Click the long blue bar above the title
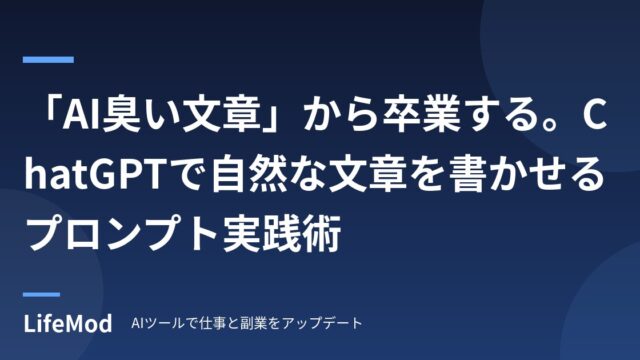coord(48,60)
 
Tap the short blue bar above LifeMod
coord(41,294)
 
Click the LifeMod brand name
coord(68,324)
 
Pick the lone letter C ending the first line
coord(593,116)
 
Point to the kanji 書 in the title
coord(469,175)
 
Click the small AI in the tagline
coord(136,323)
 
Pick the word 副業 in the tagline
coord(252,323)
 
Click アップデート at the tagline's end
coord(322,323)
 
